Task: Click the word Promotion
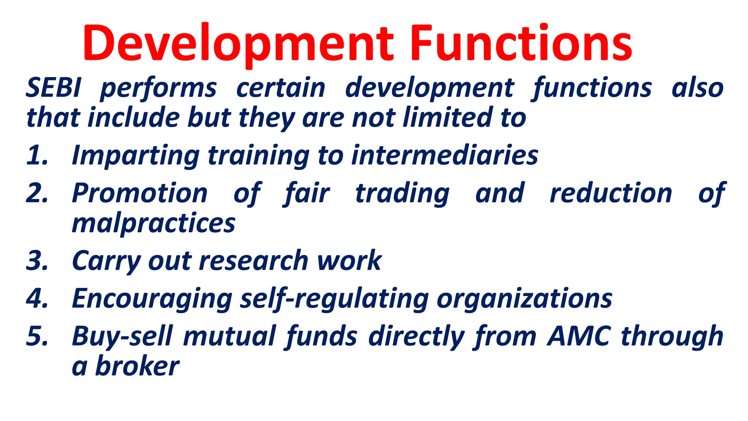pyautogui.click(x=140, y=194)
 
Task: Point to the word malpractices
pyautogui.click(x=153, y=224)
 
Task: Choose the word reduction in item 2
pyautogui.click(x=611, y=194)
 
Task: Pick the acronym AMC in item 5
pyautogui.click(x=579, y=336)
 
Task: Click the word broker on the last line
pyautogui.click(x=137, y=366)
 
